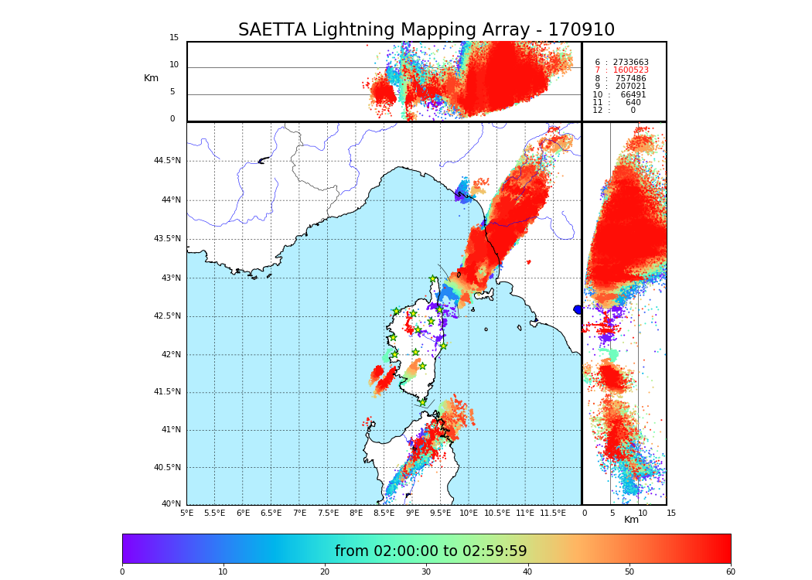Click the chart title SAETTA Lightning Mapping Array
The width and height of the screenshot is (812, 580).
click(x=426, y=30)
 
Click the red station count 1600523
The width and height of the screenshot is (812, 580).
click(x=630, y=70)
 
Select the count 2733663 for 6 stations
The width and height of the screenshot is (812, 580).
click(x=630, y=62)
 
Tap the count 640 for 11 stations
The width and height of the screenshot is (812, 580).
click(x=633, y=103)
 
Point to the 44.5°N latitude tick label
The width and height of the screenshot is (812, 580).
click(x=167, y=161)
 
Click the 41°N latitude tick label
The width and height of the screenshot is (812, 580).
click(x=169, y=430)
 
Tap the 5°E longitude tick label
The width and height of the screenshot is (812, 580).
click(x=187, y=513)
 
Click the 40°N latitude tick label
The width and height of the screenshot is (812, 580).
click(x=171, y=504)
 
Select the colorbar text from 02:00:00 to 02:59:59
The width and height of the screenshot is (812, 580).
click(x=431, y=551)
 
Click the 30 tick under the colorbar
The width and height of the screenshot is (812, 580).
click(x=426, y=572)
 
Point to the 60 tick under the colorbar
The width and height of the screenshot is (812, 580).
click(x=730, y=572)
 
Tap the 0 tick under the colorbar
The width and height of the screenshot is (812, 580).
click(x=122, y=572)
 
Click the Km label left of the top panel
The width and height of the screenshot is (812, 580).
click(x=151, y=78)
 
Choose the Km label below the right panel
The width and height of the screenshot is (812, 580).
click(x=631, y=520)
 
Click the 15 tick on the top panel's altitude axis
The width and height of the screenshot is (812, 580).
click(x=174, y=38)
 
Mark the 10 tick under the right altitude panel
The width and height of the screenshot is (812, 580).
click(x=643, y=513)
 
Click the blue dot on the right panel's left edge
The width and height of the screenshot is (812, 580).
click(x=578, y=309)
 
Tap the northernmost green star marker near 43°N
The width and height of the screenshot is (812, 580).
click(x=433, y=279)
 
